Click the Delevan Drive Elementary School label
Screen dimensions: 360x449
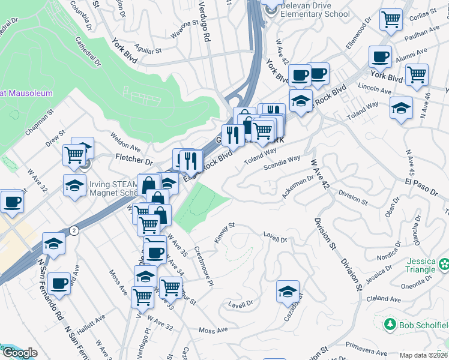[315, 10]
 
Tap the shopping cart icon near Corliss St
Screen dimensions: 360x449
[391, 19]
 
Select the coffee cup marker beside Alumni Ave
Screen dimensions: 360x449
[379, 56]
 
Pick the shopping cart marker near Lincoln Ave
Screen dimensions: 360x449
[416, 75]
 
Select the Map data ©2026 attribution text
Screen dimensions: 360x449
[423, 355]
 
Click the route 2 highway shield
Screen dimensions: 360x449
[73, 230]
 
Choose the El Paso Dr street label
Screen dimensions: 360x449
[421, 187]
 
